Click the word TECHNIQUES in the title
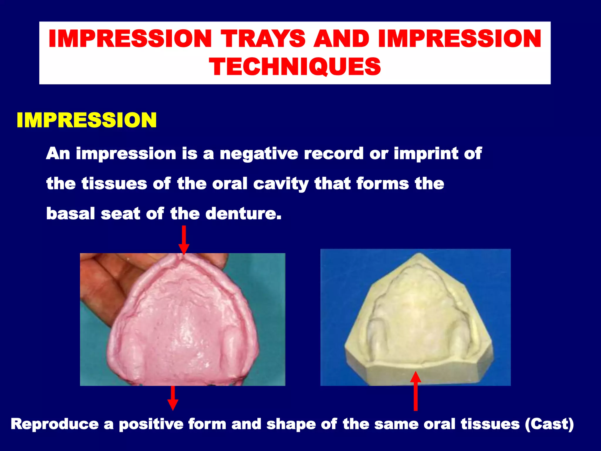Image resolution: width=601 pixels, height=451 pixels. tap(295, 67)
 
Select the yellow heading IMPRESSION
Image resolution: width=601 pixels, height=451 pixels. tap(87, 120)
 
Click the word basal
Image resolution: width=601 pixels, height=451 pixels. tap(70, 213)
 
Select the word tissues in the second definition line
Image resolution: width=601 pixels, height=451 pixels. tap(114, 184)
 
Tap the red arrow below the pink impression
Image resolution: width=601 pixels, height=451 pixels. tap(173, 398)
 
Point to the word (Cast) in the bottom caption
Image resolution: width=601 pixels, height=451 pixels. tap(549, 425)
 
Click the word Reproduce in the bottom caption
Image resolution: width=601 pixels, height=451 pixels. tap(55, 425)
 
